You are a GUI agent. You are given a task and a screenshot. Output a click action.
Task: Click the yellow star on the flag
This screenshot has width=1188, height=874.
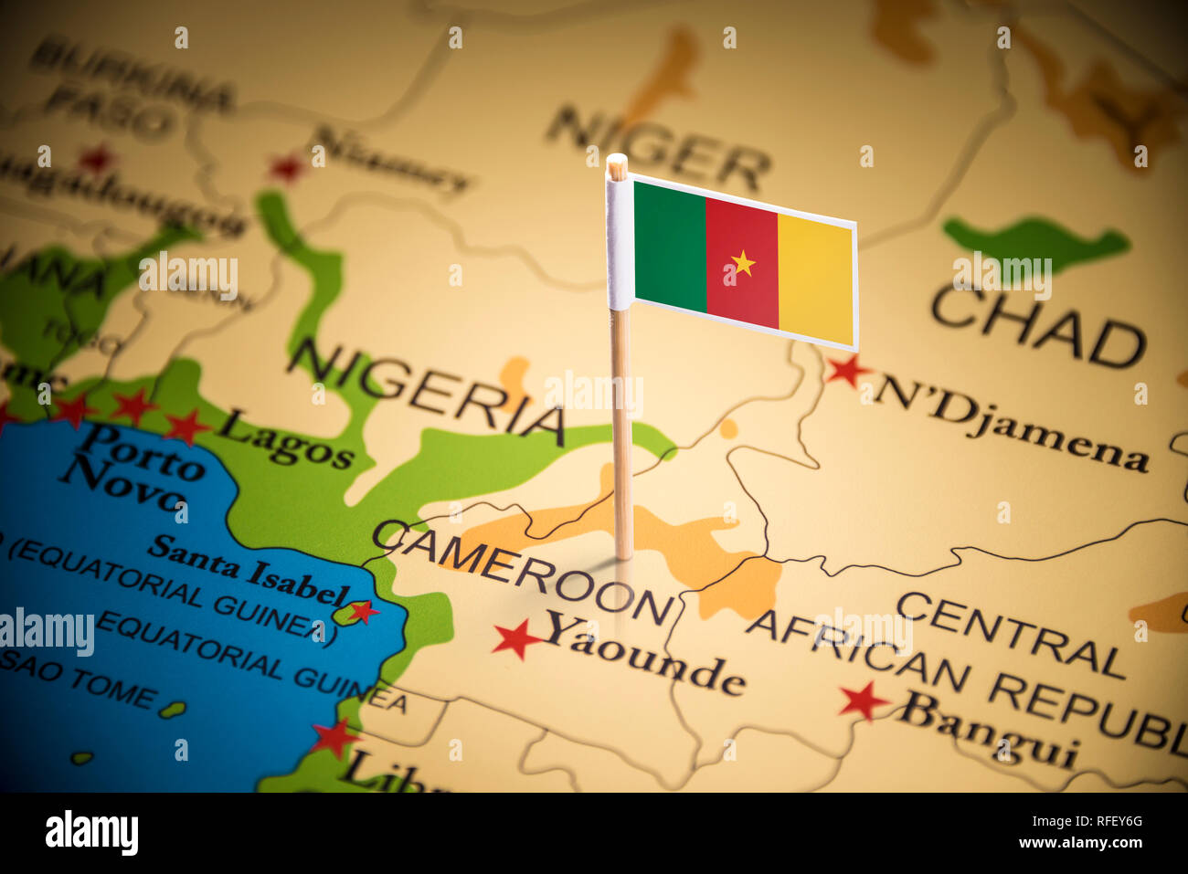(742, 264)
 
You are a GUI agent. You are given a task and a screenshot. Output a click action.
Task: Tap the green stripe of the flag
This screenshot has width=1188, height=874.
(670, 245)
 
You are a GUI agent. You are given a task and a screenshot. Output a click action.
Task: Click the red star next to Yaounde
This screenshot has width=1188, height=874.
(516, 638)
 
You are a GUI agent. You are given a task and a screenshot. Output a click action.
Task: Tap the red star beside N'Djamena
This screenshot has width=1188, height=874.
(846, 370)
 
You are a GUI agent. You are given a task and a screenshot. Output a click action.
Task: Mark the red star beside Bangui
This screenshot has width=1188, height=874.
(862, 700)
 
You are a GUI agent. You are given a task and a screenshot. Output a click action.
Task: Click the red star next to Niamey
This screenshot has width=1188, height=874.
(287, 167)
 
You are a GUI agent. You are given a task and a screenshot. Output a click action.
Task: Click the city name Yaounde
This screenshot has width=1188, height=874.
(645, 654)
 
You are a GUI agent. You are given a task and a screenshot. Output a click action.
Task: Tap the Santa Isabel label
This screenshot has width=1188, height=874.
(249, 572)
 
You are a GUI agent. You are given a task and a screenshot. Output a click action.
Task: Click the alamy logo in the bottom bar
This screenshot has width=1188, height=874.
(91, 833)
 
